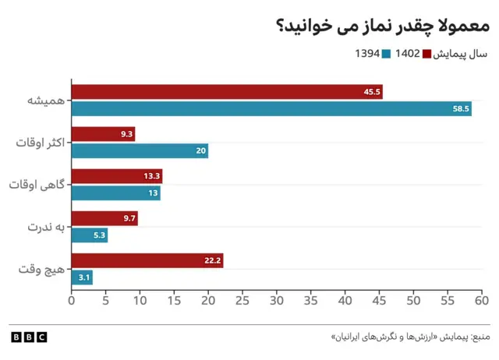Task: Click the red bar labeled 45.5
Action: pos(226,92)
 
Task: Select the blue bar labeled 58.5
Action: pos(271,108)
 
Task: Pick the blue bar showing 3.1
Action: pos(82,277)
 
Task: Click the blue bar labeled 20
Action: pos(140,150)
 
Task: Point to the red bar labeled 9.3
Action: pos(103,134)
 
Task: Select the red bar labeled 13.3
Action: pos(116,176)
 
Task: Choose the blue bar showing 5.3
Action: pos(89,235)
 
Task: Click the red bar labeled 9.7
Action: pos(104,218)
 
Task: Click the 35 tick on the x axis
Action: pos(311,298)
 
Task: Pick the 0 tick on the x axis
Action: pos(72,298)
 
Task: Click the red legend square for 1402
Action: pos(426,55)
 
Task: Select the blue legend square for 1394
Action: pos(385,55)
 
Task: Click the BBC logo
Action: pos(29,337)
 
